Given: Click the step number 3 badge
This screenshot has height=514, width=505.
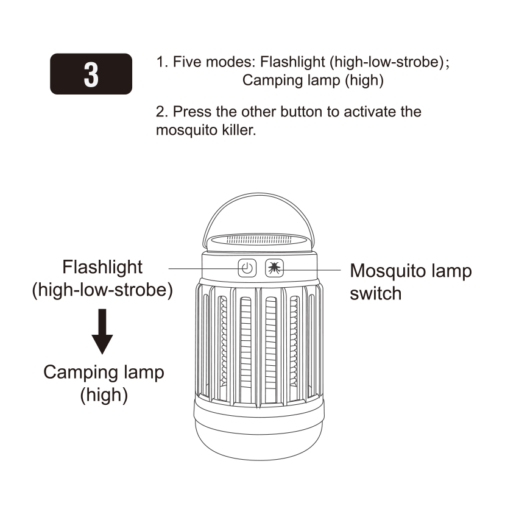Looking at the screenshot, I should tap(91, 74).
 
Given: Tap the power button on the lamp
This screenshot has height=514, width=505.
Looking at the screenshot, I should tap(246, 268).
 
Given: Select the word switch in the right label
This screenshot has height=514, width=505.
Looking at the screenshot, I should tap(376, 293).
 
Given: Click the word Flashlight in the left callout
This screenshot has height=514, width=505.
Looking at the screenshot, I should tap(102, 267).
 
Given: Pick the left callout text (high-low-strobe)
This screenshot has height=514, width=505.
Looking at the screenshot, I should tap(102, 290).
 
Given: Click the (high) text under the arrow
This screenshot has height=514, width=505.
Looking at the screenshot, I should tap(104, 395).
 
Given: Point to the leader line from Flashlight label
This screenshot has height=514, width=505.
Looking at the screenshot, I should tap(201, 268).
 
